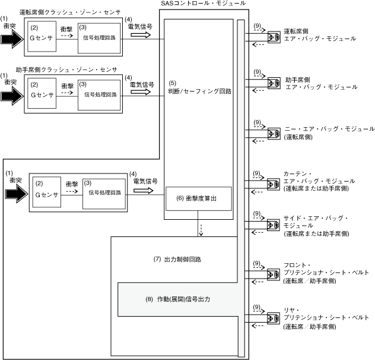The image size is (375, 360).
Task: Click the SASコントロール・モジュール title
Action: point(203,4)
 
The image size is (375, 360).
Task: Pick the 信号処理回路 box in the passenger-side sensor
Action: point(98,94)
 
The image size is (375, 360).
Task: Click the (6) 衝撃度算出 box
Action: point(198,198)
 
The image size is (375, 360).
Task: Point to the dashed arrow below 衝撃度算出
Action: point(201,229)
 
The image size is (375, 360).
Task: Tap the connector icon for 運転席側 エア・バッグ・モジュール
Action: point(274,37)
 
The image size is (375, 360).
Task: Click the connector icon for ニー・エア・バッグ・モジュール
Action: point(274,132)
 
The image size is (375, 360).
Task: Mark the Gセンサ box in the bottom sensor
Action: point(47,193)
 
